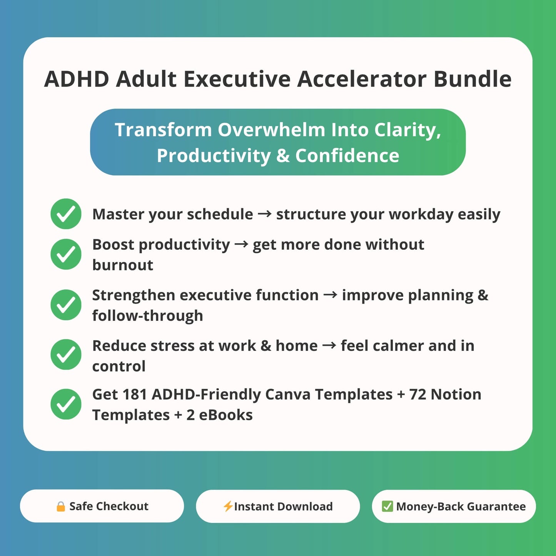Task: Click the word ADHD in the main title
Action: (77, 79)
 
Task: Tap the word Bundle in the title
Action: (473, 79)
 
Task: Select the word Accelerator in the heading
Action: (362, 79)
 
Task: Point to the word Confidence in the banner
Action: (347, 155)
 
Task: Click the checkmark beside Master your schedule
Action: (66, 214)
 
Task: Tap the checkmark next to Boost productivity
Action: (66, 254)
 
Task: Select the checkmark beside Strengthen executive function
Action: (66, 305)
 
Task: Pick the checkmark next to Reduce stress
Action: (66, 354)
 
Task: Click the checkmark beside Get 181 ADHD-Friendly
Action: (66, 404)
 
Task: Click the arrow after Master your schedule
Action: (265, 214)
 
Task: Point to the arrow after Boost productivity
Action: (241, 244)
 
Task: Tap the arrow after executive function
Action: (331, 295)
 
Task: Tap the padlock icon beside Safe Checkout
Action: (60, 506)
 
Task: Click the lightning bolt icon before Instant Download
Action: (228, 506)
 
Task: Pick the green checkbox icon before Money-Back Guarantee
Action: (387, 506)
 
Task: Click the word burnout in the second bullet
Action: (123, 265)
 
